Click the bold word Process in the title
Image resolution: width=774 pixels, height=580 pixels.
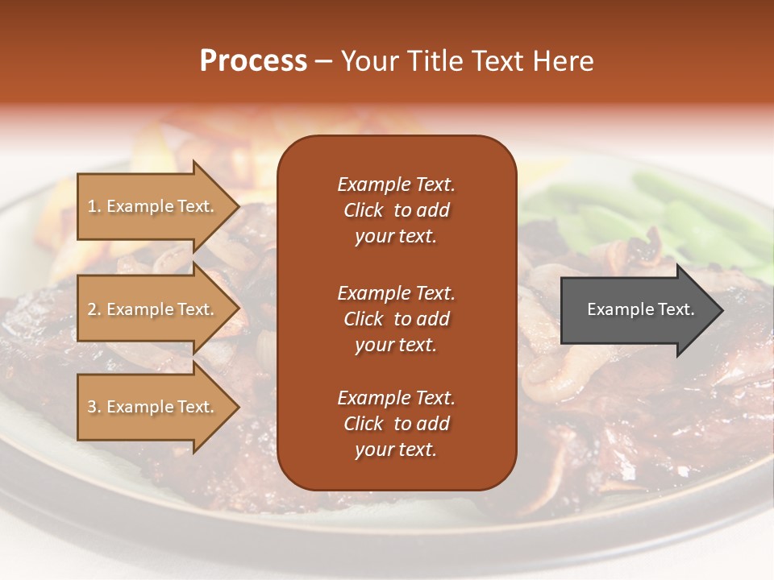(x=253, y=61)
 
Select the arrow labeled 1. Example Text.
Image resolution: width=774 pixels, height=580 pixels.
(x=153, y=206)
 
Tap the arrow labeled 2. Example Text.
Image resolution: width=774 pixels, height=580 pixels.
(x=153, y=309)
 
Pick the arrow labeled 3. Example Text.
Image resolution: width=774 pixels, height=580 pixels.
(x=153, y=407)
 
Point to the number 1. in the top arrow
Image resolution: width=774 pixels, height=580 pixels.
(x=94, y=206)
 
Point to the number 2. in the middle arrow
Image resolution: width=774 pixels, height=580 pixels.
(x=94, y=309)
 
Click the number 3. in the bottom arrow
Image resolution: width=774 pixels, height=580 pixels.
(x=94, y=407)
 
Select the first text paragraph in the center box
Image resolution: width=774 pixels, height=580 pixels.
(x=396, y=210)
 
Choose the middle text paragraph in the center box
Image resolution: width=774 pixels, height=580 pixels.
(x=396, y=319)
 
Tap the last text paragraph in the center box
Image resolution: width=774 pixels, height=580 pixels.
(x=396, y=424)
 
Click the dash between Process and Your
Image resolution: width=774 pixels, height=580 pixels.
(x=323, y=62)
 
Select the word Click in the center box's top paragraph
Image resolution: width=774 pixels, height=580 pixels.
(x=364, y=210)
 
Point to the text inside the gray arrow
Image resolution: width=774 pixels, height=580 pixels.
(x=640, y=309)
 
